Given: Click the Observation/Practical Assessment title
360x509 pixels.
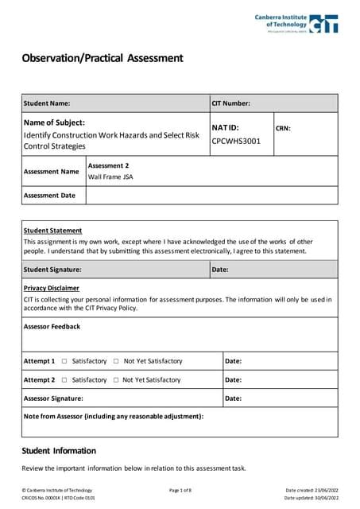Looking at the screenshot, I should (103, 58).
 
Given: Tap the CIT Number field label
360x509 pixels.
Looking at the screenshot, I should (231, 103).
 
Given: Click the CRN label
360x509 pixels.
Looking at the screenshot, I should (283, 127).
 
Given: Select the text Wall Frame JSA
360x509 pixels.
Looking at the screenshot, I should (110, 177).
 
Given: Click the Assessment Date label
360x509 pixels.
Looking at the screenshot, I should (49, 195).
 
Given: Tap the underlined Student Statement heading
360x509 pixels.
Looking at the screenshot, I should (52, 230).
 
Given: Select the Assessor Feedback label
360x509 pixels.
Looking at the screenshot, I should (52, 326).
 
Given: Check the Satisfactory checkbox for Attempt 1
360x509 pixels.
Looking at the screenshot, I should (64, 361).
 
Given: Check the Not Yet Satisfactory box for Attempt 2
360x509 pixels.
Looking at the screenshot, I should (116, 380).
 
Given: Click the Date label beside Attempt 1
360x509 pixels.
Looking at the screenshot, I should (234, 361).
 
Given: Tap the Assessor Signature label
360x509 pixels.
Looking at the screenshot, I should (53, 398).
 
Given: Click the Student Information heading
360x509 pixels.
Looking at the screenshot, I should (59, 451).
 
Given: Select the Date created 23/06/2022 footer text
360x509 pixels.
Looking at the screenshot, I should (312, 490).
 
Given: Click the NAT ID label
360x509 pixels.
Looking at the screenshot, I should (225, 127).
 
